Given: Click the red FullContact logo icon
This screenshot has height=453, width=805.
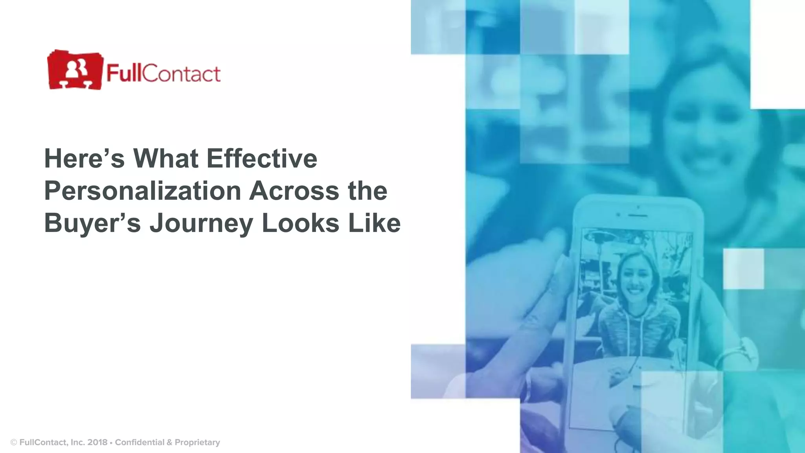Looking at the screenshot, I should click(x=75, y=70).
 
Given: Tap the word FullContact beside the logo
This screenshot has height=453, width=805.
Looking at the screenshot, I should click(x=163, y=74).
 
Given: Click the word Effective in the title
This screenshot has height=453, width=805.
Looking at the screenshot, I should click(x=262, y=158).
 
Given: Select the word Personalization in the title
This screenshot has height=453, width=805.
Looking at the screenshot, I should click(x=142, y=191).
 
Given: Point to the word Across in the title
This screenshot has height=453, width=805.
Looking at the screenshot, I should click(x=294, y=191).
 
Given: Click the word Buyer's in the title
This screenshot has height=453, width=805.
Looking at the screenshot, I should click(x=92, y=223).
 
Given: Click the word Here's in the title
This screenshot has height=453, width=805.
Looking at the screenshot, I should click(x=84, y=158).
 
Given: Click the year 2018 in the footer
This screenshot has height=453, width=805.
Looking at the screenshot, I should click(x=97, y=442).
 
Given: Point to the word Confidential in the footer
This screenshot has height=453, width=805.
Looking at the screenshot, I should click(x=140, y=442).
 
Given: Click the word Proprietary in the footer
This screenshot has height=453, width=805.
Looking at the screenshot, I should click(x=197, y=442).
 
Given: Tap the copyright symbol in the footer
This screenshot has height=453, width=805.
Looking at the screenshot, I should click(x=14, y=443).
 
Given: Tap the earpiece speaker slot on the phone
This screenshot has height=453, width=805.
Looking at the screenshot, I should click(x=637, y=215).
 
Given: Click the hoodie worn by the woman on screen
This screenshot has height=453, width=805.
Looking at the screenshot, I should click(x=637, y=330).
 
